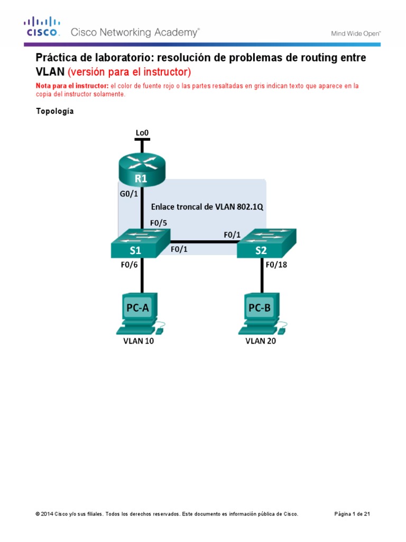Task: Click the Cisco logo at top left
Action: [x=42, y=27]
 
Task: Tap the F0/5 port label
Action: [x=159, y=223]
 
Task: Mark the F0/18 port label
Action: [x=276, y=266]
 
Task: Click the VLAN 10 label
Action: [x=139, y=341]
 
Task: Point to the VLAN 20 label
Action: [x=261, y=341]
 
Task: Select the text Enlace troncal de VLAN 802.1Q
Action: [x=207, y=206]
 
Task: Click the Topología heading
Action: [x=54, y=112]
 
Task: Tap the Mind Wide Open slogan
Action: [x=356, y=33]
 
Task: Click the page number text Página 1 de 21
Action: [x=355, y=514]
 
